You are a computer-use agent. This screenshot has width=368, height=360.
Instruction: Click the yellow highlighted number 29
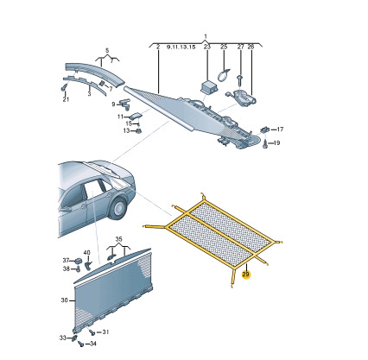[x=245, y=275]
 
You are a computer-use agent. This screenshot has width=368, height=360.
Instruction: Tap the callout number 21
[x=66, y=99]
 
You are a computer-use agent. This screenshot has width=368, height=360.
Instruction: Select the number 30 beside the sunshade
[x=64, y=300]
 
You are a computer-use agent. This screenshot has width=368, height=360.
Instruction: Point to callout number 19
[x=276, y=142]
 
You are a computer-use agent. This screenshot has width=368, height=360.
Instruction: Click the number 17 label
[x=280, y=129]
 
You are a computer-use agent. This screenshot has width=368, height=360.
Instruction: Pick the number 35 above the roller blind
[x=118, y=239]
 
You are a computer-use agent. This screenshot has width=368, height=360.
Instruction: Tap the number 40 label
[x=86, y=253]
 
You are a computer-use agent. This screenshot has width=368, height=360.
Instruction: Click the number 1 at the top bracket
[x=206, y=36]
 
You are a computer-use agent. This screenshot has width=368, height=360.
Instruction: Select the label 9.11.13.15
[x=181, y=47]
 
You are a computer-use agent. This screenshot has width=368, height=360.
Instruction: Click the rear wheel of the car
[x=118, y=208]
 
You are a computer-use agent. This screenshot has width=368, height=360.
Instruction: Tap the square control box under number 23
[x=208, y=86]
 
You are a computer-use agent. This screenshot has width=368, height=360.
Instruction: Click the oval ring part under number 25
[x=223, y=74]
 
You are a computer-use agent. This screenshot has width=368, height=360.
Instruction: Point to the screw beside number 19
[x=265, y=143]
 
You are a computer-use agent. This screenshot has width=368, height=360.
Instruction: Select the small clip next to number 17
[x=264, y=129]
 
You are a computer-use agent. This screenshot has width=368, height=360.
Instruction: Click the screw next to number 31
[x=92, y=332]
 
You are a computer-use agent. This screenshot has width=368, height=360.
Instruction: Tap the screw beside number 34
[x=81, y=344]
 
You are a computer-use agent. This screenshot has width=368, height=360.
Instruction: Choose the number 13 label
[x=127, y=130]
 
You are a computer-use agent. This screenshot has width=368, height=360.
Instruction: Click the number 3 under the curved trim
[x=89, y=94]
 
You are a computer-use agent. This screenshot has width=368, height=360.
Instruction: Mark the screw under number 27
[x=239, y=80]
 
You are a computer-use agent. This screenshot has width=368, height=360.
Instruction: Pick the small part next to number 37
[x=79, y=261]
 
